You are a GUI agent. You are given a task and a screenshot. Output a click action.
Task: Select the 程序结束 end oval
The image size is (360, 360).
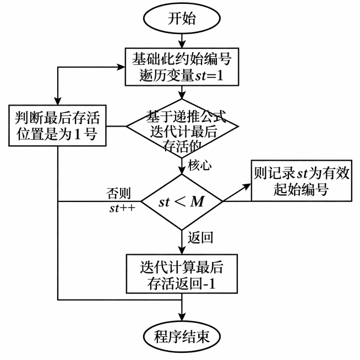pos(181,335)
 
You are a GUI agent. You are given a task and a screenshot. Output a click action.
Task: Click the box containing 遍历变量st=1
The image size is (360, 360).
pos(181,67)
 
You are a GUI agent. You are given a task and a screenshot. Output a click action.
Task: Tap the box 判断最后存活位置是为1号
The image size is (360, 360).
pos(57,124)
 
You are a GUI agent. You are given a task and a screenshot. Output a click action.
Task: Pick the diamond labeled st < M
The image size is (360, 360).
pos(182,201)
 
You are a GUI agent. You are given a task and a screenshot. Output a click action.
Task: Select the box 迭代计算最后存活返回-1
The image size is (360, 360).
pos(181,274)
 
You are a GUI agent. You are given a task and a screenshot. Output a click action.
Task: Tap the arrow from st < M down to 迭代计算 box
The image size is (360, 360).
pos(181,242)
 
